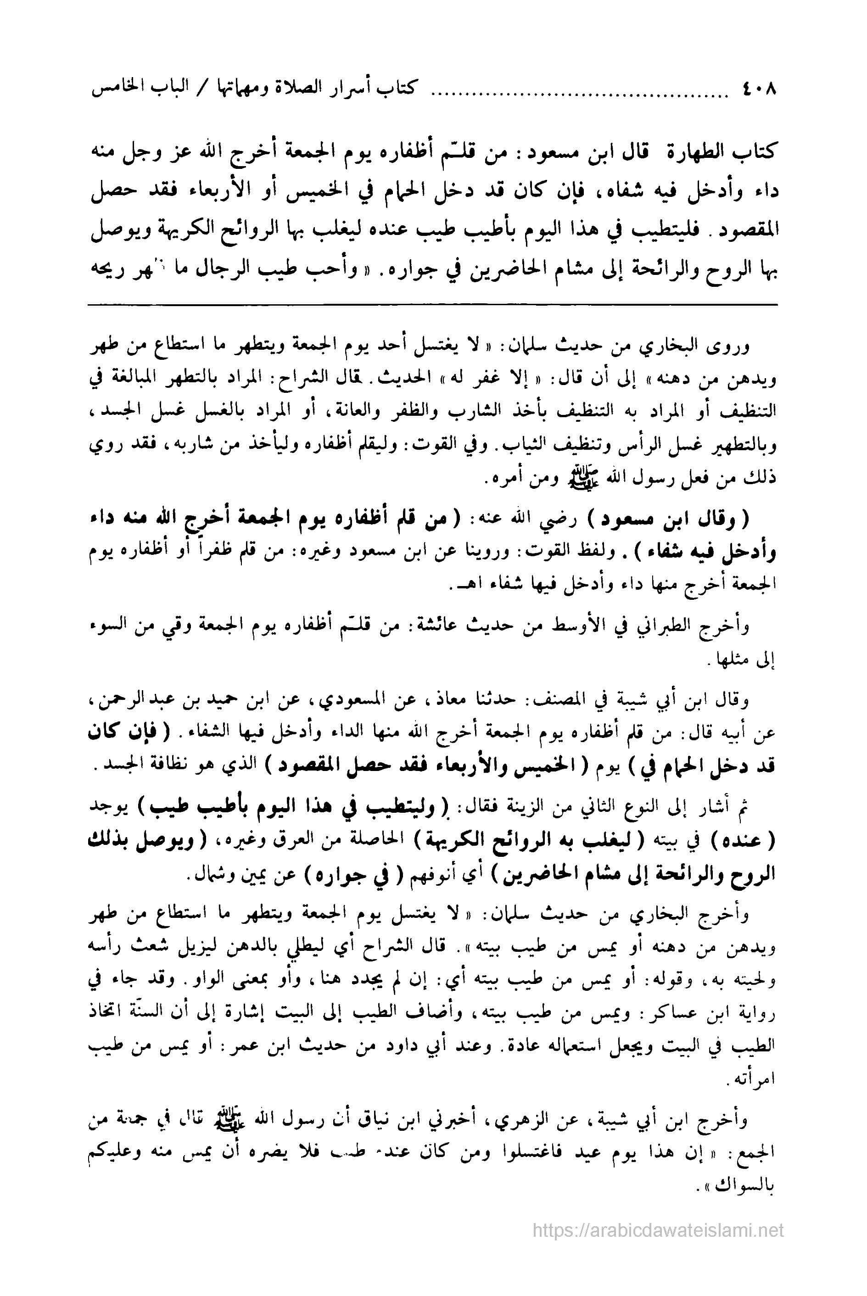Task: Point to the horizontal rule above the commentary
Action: pos(432,305)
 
